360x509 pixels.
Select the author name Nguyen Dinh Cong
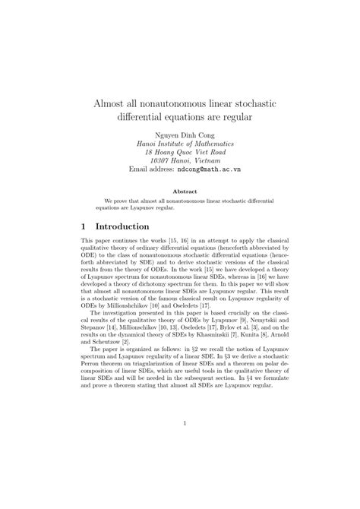pos(180,134)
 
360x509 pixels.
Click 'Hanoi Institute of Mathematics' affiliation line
pos(180,143)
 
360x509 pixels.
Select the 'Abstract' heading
pos(180,191)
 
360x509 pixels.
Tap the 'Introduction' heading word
pos(125,226)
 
